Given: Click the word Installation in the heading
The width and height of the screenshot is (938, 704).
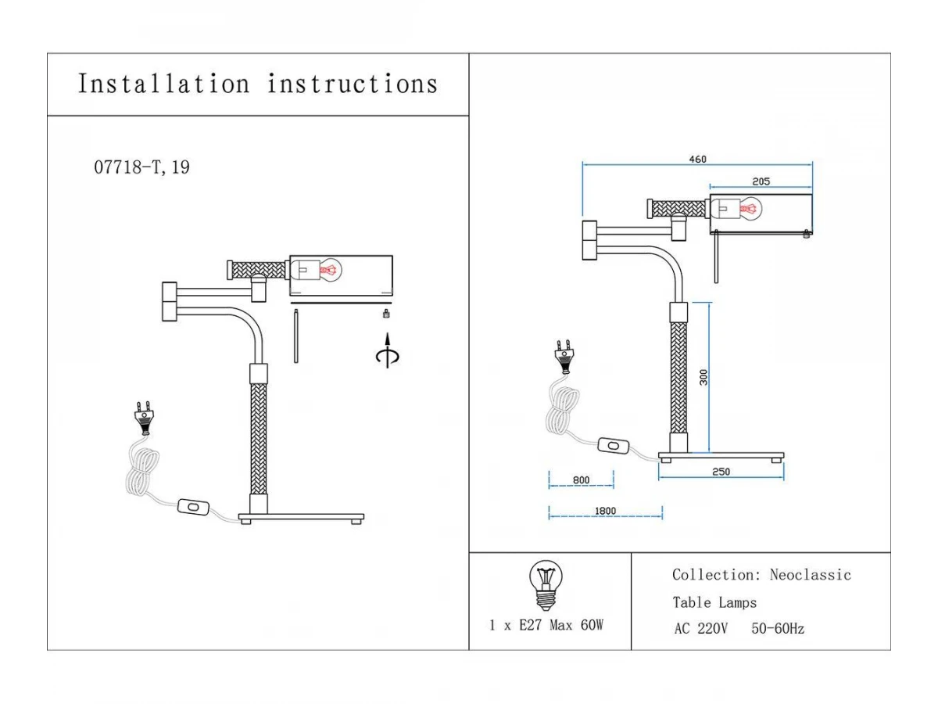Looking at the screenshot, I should coord(163,84).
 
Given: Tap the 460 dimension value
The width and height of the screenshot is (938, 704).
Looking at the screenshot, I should coord(697,160).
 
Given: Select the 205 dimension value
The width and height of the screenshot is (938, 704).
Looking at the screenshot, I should coord(761,181).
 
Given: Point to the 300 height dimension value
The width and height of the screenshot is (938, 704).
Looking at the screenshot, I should coord(703,377).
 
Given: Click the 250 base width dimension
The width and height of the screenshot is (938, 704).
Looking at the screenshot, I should coord(721,472).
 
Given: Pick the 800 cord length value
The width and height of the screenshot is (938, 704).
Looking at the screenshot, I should coord(581,480).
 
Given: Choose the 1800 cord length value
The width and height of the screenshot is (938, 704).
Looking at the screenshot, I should coord(605,512).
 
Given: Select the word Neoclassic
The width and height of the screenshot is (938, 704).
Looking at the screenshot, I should coord(810,575).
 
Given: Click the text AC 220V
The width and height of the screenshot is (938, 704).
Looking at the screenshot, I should coord(700,629).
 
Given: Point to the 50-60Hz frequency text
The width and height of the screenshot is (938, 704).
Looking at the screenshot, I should coord(778,629).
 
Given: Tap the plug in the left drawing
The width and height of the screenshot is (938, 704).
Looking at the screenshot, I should coord(142,418).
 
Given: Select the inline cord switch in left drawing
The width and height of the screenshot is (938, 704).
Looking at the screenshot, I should coord(193,507).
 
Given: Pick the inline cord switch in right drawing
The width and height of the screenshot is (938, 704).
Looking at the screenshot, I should coord(614,446).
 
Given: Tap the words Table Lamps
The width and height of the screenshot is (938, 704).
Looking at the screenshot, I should coord(714,602).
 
